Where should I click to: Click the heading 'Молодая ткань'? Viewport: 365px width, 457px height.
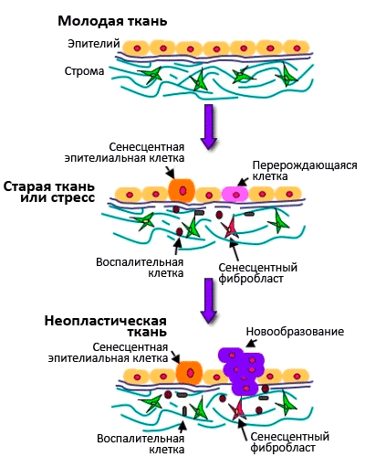[112, 21]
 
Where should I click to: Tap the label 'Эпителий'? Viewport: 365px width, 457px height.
[94, 44]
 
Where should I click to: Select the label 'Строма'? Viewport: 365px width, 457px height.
[84, 71]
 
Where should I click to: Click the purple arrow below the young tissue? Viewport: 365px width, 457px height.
[209, 126]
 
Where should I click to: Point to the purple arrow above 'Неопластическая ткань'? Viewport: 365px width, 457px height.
[209, 300]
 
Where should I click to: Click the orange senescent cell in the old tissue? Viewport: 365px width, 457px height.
[182, 191]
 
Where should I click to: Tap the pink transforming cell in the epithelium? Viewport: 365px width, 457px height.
[235, 195]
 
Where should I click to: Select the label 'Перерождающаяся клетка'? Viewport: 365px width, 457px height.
[305, 171]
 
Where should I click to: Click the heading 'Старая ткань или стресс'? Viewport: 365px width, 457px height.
[49, 192]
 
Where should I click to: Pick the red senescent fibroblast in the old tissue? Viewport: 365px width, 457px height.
[230, 228]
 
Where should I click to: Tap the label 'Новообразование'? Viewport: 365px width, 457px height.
[295, 332]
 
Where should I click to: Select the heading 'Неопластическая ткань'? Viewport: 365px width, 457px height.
[106, 326]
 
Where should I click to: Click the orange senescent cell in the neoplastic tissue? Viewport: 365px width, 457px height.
[190, 372]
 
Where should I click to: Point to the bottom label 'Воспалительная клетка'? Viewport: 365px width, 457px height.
[141, 444]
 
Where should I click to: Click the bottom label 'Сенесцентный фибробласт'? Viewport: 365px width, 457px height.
[289, 442]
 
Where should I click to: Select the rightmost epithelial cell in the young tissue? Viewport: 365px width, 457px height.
[297, 48]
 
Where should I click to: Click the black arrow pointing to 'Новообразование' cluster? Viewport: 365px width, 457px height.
[251, 343]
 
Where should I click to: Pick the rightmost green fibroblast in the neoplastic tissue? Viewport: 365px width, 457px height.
[286, 404]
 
